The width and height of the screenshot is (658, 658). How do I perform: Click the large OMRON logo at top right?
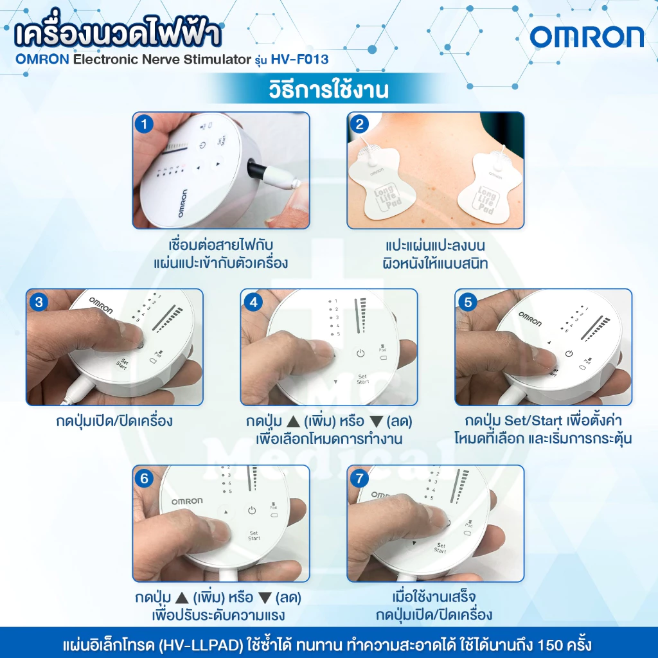coord(587,37)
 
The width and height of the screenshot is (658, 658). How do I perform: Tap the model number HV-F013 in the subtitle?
coord(299,59)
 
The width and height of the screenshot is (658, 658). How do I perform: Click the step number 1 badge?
coord(145,124)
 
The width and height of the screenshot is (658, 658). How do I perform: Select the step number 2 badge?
coord(359,124)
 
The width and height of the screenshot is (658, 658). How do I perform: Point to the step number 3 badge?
coord(39,302)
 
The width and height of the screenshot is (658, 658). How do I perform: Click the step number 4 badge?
coord(253,302)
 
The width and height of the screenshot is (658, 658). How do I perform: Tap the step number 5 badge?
coord(468,302)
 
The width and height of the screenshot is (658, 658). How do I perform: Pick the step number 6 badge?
coord(145,478)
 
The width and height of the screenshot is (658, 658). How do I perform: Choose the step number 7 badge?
coord(359,478)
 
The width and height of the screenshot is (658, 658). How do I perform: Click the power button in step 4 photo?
coord(360,353)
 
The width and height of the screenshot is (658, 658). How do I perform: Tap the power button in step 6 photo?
coord(252,511)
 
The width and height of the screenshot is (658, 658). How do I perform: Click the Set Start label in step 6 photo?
coord(254,535)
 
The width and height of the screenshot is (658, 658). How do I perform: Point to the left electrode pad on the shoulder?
coord(382,181)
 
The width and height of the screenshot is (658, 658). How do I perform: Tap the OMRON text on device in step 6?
coord(187,501)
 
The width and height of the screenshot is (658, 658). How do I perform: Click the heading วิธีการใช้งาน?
coord(328,89)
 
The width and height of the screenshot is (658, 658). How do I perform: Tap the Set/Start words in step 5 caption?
coord(533,420)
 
